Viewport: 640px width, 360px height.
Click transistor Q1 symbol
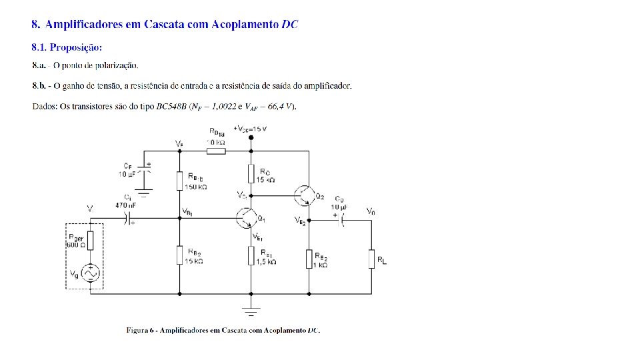[245, 217]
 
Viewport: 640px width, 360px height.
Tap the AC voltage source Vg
[90, 272]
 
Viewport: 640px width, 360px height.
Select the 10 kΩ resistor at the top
[216, 151]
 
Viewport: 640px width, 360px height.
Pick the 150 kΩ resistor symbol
[180, 181]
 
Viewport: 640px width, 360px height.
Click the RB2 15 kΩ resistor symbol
[180, 255]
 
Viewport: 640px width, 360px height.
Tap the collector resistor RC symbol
[251, 174]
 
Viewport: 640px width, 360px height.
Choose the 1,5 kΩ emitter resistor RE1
[251, 255]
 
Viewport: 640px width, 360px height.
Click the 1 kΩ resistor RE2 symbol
[309, 259]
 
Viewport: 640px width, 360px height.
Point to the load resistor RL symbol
[371, 259]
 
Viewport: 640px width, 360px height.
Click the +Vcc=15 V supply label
[250, 128]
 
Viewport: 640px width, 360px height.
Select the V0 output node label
[370, 211]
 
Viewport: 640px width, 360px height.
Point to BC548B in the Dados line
[172, 107]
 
